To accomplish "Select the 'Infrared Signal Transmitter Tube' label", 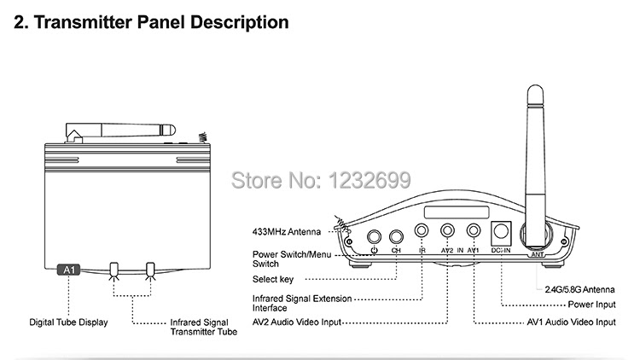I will point(202,327).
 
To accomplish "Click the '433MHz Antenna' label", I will point(287,231).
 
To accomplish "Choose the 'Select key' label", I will point(273,279).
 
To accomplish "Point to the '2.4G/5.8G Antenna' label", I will point(580,287).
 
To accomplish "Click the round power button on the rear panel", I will point(374,239).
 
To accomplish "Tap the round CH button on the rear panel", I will point(396,239).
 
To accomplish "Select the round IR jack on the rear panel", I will point(422,229).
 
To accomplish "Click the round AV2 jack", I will point(448,229).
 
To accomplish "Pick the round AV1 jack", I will point(474,229).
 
